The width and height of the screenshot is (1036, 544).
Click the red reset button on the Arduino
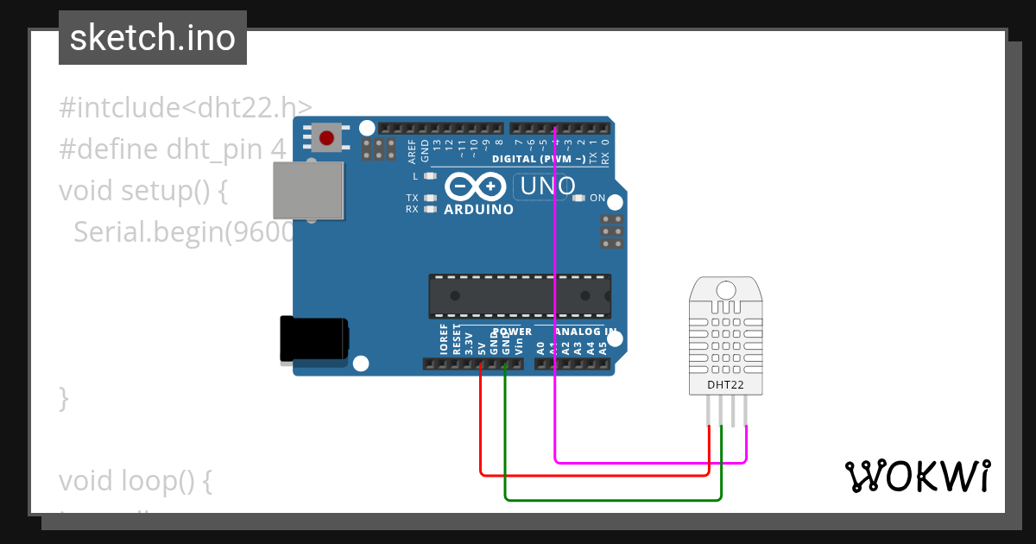pos(327,137)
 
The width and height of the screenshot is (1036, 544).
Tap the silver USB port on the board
pos(308,191)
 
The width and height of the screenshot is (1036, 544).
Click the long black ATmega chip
pos(520,295)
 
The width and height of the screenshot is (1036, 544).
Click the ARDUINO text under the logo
pos(478,209)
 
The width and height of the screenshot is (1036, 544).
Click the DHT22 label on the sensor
pos(725,384)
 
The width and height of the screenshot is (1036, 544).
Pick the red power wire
pos(596,474)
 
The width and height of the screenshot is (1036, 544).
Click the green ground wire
pos(613,499)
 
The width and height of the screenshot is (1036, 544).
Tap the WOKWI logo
pos(917,476)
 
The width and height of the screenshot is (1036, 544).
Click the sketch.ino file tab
pos(153,38)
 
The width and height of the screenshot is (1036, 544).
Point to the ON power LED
pos(578,198)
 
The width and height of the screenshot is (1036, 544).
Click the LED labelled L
pos(430,175)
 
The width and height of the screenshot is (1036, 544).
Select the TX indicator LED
pos(430,198)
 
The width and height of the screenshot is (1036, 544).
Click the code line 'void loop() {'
pos(136,481)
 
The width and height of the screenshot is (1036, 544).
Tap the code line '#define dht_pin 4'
pos(172,149)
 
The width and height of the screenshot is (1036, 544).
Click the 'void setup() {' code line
pos(143,190)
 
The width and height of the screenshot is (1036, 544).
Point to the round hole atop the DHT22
pos(725,290)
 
